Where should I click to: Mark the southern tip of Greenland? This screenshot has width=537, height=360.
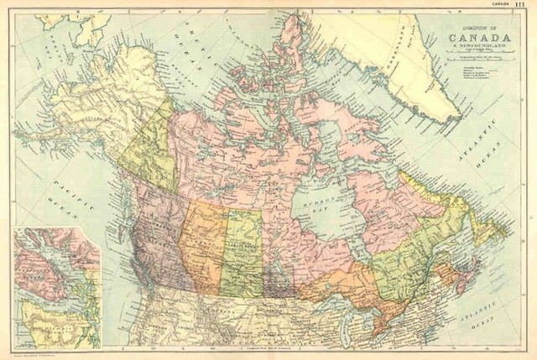pyautogui.click(x=454, y=117)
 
